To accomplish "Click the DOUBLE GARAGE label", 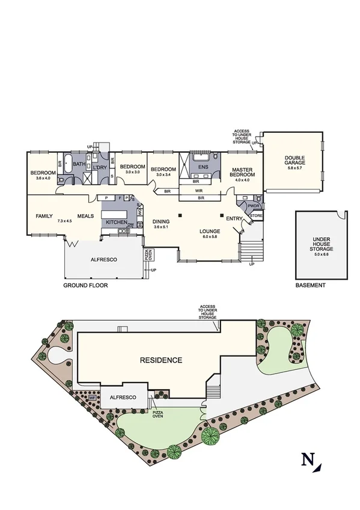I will (x=295, y=161).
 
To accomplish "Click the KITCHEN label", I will (x=116, y=223).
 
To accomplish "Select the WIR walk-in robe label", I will (x=199, y=190).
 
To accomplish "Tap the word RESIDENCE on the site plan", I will (x=160, y=360).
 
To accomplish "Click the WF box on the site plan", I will (x=92, y=398).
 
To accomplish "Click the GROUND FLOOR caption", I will (x=85, y=286).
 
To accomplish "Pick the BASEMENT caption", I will (x=311, y=286).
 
